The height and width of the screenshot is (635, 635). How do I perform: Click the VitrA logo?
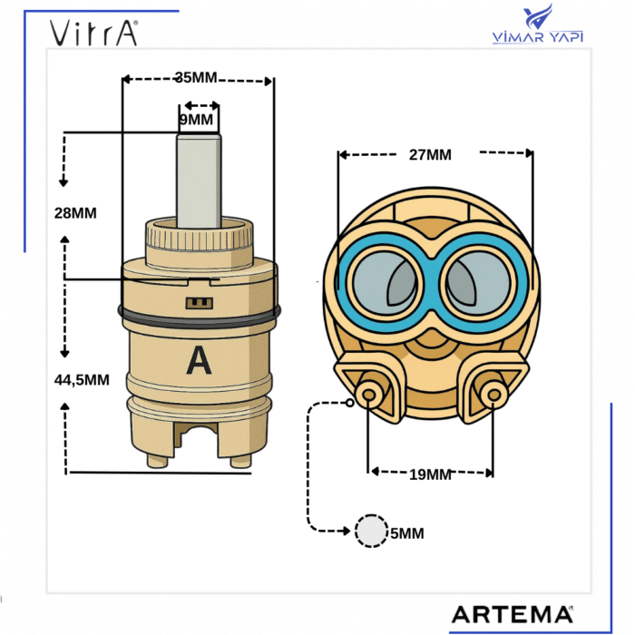click(93, 33)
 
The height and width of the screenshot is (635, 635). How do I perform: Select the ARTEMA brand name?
click(513, 615)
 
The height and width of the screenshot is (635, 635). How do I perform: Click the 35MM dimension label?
click(196, 77)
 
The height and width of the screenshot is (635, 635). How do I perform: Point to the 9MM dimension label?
click(196, 120)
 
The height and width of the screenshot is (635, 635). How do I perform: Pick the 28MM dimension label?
click(75, 213)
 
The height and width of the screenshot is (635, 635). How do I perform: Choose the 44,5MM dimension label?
click(82, 380)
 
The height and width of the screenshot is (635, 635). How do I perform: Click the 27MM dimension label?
click(430, 155)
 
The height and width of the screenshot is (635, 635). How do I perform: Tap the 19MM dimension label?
click(430, 474)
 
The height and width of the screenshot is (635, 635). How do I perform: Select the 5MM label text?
click(407, 533)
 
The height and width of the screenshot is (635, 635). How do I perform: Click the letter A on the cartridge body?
click(199, 360)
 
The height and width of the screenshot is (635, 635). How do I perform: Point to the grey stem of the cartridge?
click(199, 181)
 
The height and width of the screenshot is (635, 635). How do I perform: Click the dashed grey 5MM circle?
click(371, 531)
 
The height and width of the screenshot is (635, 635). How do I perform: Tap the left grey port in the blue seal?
click(385, 282)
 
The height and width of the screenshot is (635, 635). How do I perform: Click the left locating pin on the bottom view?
click(368, 394)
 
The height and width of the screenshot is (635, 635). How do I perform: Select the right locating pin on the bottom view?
click(493, 394)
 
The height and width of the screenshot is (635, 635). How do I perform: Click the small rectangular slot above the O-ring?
click(200, 303)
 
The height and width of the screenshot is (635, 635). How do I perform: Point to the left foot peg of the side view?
click(157, 461)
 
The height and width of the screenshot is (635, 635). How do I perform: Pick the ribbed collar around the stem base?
click(199, 238)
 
